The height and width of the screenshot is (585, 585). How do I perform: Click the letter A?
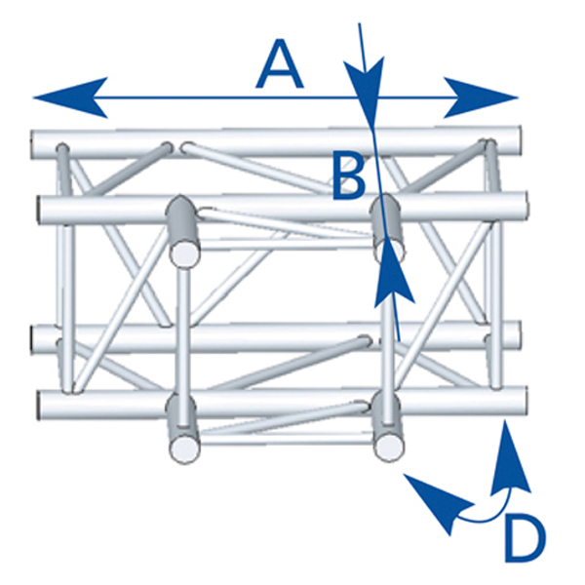coord(279,68)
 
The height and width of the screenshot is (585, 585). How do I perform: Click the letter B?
coord(348,175)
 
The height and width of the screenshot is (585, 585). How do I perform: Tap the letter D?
coord(525,536)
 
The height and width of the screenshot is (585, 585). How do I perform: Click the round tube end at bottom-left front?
coord(182,448)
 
